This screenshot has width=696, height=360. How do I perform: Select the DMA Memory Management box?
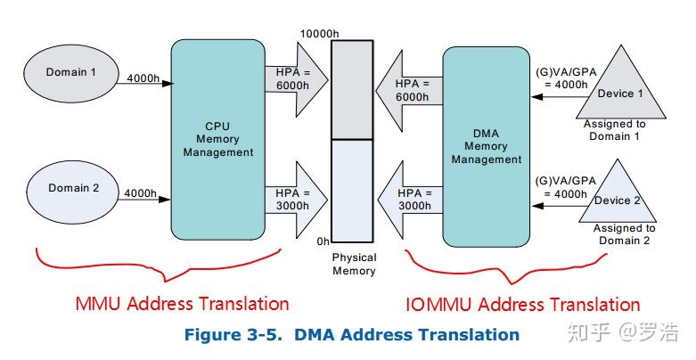tap(486, 147)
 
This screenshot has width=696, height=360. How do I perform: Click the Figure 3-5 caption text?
tap(351, 335)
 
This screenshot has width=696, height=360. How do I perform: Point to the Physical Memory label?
tap(354, 264)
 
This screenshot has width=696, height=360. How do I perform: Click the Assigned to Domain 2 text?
tap(624, 234)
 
